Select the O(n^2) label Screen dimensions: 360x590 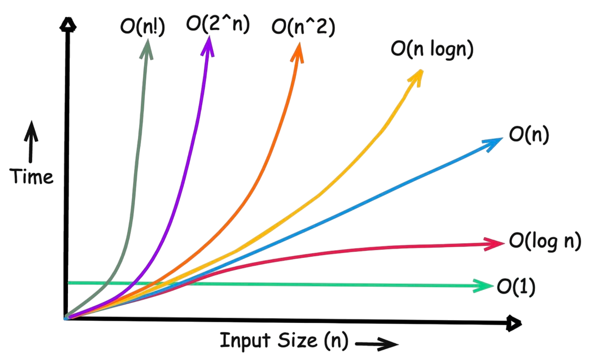point(303,25)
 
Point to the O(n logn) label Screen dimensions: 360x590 point(431,50)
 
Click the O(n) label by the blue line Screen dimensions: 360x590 point(528,134)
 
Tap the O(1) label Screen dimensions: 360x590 point(515,286)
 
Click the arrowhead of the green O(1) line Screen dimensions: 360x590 point(485,286)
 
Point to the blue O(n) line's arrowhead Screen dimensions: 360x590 point(493,142)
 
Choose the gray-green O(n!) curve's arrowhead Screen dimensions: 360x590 point(148,46)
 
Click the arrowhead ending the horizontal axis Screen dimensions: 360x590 point(513,323)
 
